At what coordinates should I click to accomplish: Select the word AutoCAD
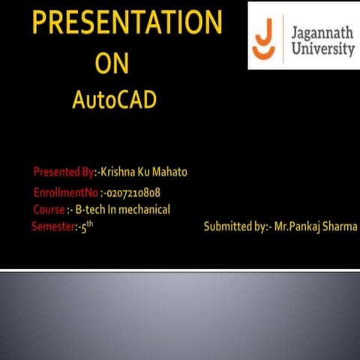114,100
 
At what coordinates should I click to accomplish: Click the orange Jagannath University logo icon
264,37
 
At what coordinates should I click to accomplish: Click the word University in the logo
321,49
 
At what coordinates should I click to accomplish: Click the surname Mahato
170,172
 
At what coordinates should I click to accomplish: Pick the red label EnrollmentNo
65,192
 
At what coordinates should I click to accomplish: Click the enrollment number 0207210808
133,192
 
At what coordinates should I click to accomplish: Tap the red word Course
49,209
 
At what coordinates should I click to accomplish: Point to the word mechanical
145,209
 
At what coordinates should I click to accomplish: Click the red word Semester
52,226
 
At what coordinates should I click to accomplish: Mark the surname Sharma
340,226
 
